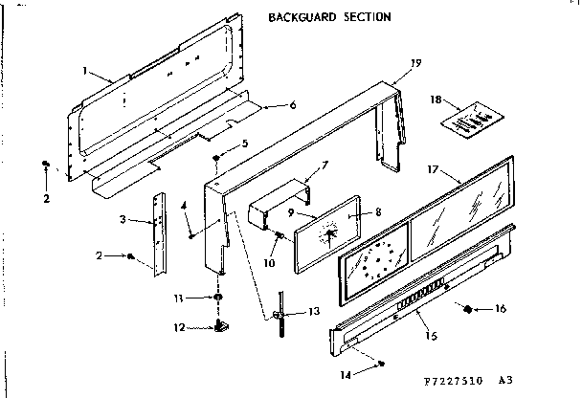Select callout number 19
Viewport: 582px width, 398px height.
click(x=415, y=63)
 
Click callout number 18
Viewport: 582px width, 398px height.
click(x=436, y=99)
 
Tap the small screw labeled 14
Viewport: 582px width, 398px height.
click(x=382, y=364)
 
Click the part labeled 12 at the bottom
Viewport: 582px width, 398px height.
click(x=218, y=328)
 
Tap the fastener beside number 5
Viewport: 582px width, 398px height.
click(x=218, y=156)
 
